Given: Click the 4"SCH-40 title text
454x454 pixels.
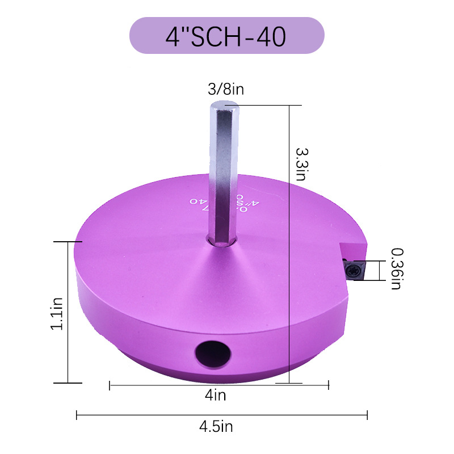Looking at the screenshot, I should coord(226,36).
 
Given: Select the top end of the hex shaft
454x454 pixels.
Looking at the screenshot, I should coord(224,105).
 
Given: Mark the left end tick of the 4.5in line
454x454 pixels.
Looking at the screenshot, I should coord(77,415).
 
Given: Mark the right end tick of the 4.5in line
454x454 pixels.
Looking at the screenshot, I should coord(367,415).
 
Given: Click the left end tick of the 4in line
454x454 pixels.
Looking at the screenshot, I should coord(109,386).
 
